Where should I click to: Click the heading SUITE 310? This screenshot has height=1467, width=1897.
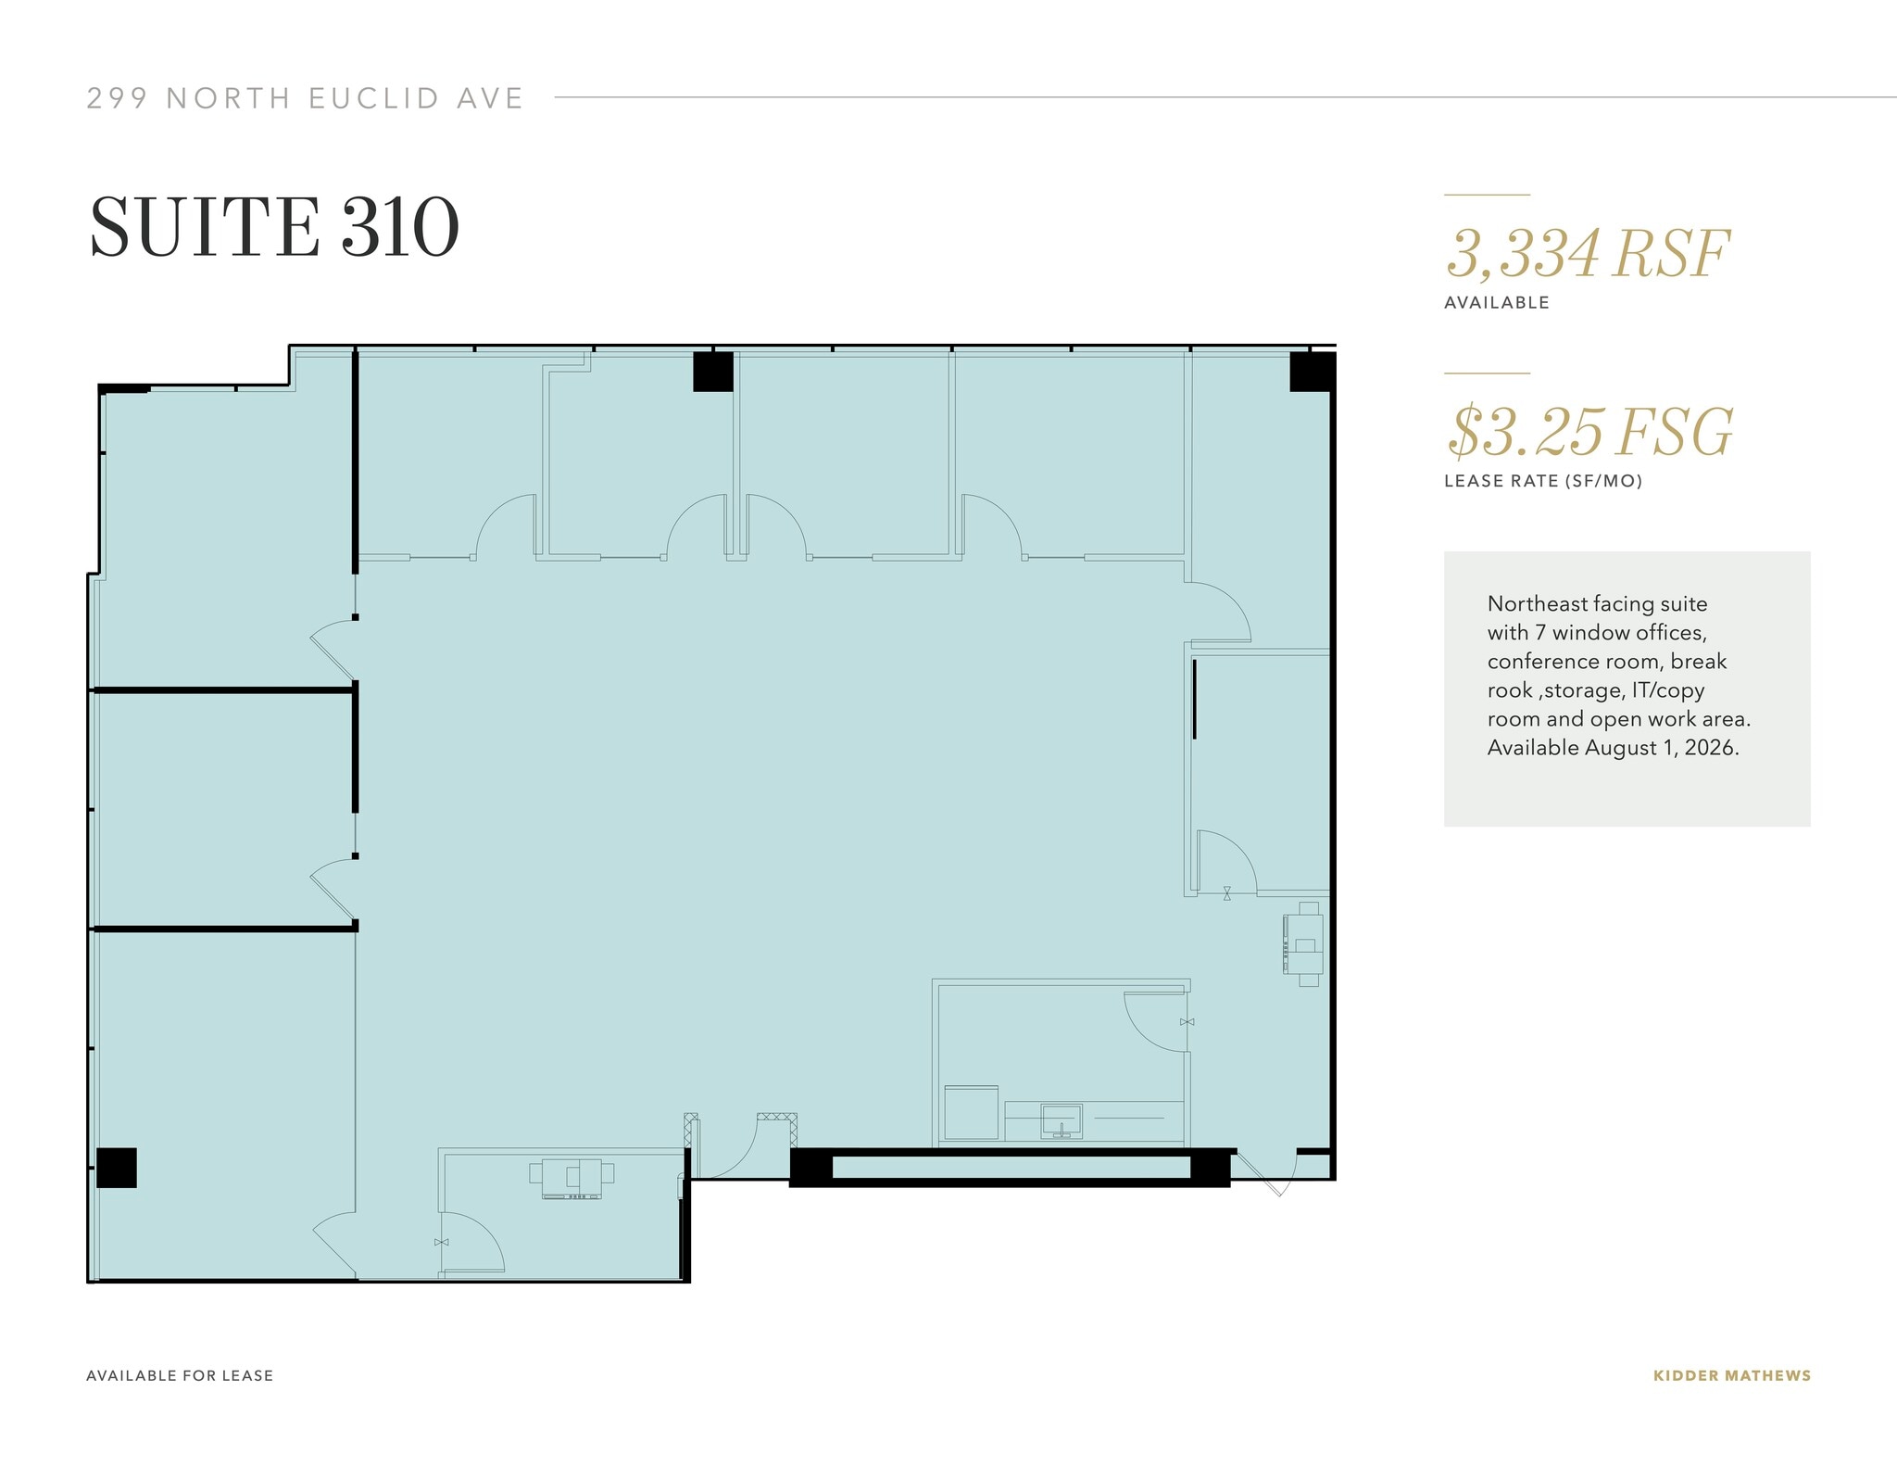(274, 227)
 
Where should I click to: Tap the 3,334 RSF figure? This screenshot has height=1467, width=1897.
(1587, 253)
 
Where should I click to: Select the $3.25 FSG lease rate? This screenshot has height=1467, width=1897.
(1589, 432)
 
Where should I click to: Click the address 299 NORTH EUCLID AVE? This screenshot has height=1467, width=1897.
(305, 98)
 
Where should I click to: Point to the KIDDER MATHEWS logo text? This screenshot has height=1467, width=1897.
(1731, 1375)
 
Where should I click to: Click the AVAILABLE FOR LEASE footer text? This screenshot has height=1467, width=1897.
(180, 1375)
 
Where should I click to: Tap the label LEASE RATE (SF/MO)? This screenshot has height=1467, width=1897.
(1542, 481)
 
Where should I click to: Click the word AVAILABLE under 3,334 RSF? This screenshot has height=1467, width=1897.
(1496, 303)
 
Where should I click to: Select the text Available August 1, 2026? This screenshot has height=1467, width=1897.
(1613, 748)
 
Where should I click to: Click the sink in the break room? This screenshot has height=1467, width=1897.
(1061, 1119)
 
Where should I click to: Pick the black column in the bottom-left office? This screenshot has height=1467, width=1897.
(117, 1168)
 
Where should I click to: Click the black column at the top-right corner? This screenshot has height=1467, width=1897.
(1312, 372)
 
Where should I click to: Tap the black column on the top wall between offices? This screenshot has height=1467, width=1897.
(713, 372)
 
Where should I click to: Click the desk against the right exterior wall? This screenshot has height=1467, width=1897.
(1304, 944)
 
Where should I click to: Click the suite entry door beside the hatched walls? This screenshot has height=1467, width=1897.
(728, 1147)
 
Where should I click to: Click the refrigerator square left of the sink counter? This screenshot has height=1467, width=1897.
(971, 1112)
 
